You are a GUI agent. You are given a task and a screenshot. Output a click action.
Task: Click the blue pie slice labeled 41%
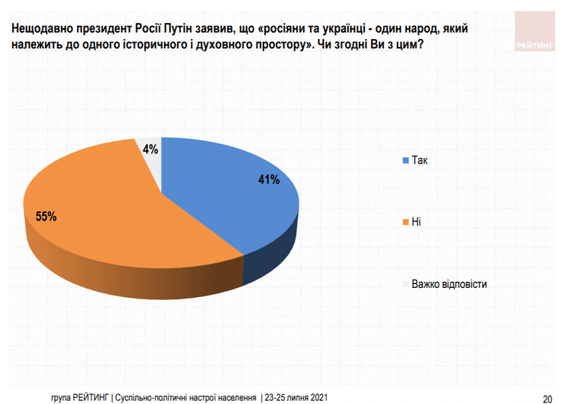pyautogui.click(x=229, y=191)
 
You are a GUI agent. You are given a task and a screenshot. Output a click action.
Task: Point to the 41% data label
pyautogui.click(x=268, y=180)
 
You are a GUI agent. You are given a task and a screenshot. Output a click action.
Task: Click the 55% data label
pyautogui.click(x=47, y=216)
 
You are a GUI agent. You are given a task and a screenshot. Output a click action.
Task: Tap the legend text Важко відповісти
pyautogui.click(x=449, y=283)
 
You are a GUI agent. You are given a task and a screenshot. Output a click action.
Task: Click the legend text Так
pyautogui.click(x=420, y=161)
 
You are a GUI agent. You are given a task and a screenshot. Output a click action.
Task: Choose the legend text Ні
pyautogui.click(x=416, y=222)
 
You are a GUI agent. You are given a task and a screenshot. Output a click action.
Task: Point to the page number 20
pyautogui.click(x=547, y=397)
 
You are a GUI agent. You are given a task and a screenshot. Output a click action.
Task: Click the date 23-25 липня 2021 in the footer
pyautogui.click(x=296, y=397)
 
